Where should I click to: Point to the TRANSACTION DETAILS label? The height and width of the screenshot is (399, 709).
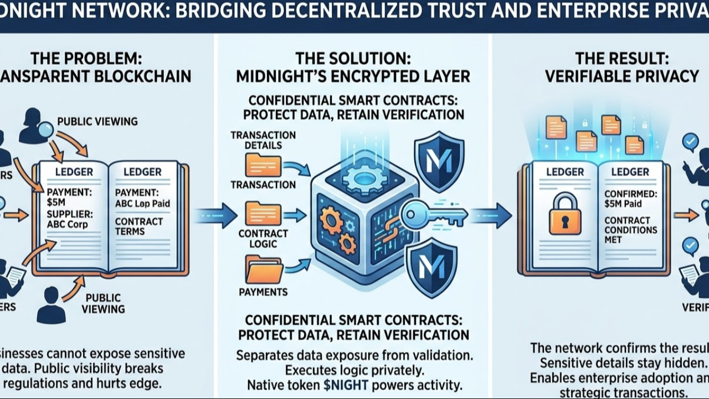tap(263, 140)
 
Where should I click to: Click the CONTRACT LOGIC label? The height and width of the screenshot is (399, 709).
tap(263, 239)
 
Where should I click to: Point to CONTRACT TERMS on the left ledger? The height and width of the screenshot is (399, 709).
tap(138, 226)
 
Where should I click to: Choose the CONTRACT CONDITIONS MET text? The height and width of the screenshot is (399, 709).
tap(630, 229)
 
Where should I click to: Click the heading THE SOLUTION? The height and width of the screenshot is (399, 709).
tap(353, 58)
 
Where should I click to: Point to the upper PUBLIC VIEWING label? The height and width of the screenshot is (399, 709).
tap(97, 121)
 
